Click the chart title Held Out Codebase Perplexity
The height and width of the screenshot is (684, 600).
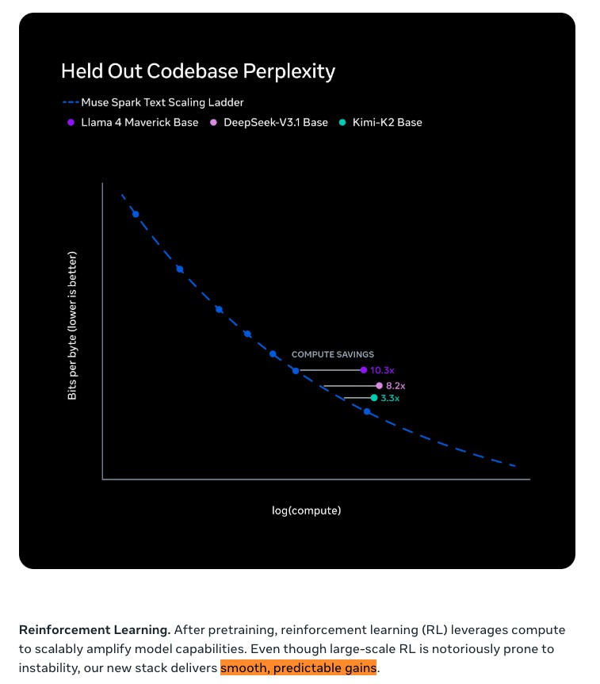click(x=198, y=71)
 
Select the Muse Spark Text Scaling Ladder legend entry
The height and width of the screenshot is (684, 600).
click(x=152, y=102)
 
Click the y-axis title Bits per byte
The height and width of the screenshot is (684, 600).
click(x=72, y=325)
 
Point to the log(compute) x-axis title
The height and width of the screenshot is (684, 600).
click(x=307, y=510)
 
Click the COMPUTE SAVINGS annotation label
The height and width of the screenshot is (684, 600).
click(x=333, y=354)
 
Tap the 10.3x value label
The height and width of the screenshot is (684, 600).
click(x=382, y=370)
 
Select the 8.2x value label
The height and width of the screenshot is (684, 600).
click(x=396, y=386)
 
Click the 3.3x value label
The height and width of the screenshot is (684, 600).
click(x=390, y=398)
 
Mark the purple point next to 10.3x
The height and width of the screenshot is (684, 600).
click(x=364, y=370)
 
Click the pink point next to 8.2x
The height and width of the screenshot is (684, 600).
click(x=379, y=386)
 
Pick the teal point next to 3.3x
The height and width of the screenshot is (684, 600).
click(x=373, y=398)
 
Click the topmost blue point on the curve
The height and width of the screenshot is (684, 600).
click(x=136, y=214)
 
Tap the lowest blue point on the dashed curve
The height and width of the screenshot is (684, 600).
click(x=366, y=411)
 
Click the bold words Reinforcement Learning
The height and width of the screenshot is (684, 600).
click(x=94, y=630)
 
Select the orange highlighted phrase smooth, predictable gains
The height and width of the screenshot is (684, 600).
click(x=299, y=668)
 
